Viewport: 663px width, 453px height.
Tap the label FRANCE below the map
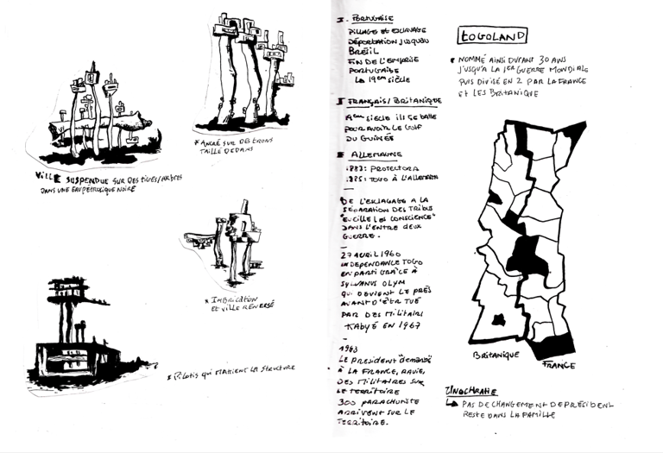pyautogui.click(x=559, y=364)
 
